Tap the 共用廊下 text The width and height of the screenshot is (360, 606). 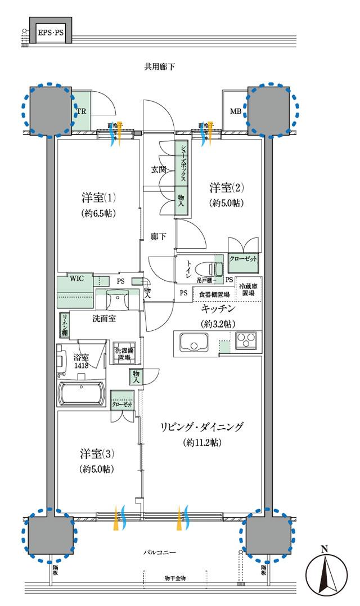[160, 67]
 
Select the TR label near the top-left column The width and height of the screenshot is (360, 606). [81, 111]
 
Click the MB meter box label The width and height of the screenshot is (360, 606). [235, 111]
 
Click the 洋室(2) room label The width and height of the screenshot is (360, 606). [228, 187]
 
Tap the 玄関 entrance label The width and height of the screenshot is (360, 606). [159, 168]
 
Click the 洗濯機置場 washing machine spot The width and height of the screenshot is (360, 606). [123, 353]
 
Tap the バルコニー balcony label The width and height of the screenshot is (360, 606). [160, 553]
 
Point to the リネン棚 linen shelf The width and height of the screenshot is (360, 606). [65, 324]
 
